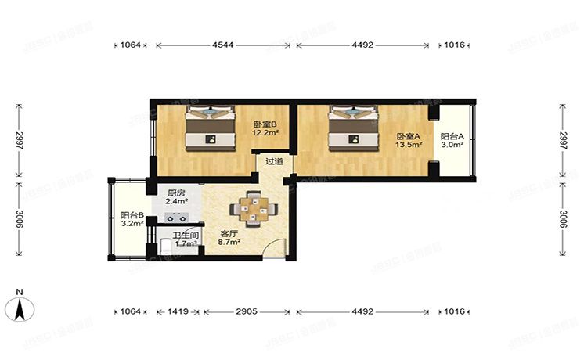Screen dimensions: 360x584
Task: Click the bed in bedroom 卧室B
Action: click(x=211, y=130)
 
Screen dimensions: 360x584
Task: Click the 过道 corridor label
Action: click(x=274, y=163)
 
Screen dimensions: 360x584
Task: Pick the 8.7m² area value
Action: click(x=229, y=243)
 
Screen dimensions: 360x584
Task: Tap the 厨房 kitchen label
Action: click(x=177, y=193)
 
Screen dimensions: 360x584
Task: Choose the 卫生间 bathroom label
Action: click(x=186, y=235)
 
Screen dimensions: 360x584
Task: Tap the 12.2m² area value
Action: click(x=264, y=133)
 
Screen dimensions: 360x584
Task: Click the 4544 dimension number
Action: click(x=223, y=45)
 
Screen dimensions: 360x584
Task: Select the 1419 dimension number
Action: click(x=179, y=311)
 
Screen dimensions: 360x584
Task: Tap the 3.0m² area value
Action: click(x=452, y=145)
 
